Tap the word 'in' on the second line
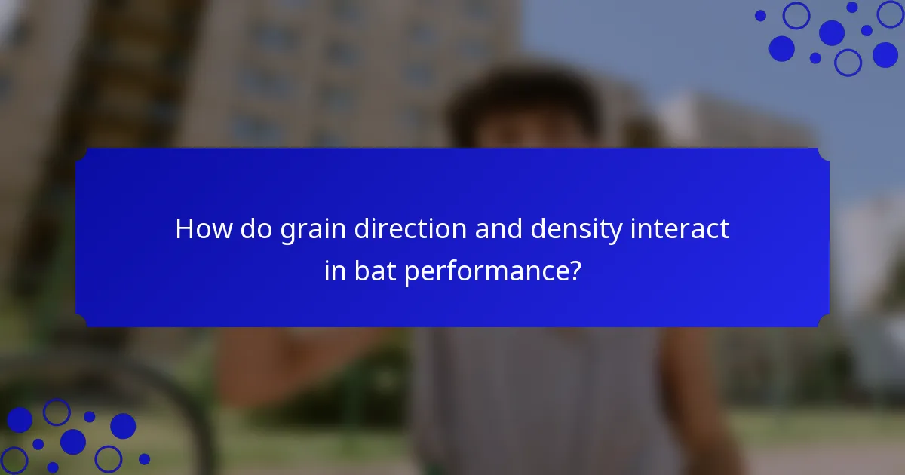click(x=334, y=271)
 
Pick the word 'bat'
click(x=373, y=271)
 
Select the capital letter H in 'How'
click(x=185, y=229)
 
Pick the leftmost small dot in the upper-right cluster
click(x=760, y=15)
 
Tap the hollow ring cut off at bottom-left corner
click(x=13, y=461)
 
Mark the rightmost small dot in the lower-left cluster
click(x=144, y=458)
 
